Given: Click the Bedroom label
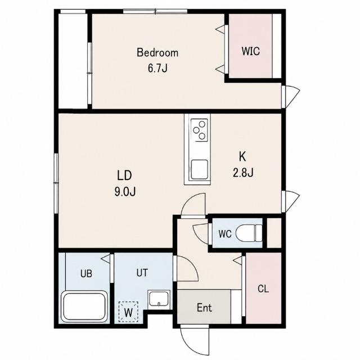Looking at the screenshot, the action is [157, 52].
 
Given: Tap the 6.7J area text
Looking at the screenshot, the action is [157, 68].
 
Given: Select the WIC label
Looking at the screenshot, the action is [251, 51].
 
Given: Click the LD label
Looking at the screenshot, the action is [124, 175].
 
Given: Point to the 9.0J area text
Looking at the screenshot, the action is [125, 191].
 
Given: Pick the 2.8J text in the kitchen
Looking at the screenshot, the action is [243, 173].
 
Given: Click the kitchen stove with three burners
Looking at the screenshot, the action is [199, 130].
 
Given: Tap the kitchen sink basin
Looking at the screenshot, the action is [200, 169].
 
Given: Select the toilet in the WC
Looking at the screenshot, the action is [249, 233].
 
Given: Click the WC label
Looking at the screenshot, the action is [225, 234].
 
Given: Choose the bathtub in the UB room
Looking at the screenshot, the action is [85, 306].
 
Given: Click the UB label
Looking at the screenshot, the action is [86, 274].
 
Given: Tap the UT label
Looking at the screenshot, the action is [142, 273].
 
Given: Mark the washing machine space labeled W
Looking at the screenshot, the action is [128, 312].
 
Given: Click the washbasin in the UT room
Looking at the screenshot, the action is [159, 299].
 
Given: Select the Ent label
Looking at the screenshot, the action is [204, 308].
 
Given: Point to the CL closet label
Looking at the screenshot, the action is [263, 289].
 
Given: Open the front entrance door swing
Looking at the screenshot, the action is [195, 341].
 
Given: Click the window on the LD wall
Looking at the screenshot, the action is [56, 183].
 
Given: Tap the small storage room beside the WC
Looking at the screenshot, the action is [274, 233].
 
